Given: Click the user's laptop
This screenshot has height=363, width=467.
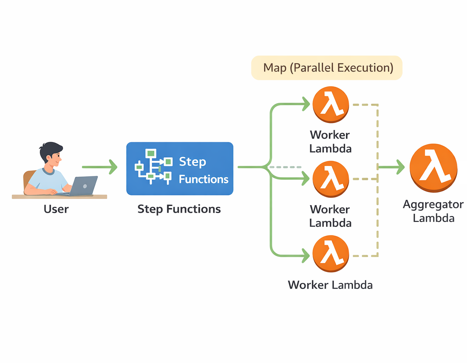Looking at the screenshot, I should [84, 185].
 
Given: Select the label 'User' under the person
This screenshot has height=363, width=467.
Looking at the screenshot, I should [56, 209].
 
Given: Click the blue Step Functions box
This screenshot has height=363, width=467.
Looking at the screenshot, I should [180, 169].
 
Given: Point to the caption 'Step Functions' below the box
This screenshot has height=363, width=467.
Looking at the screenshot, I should [179, 209].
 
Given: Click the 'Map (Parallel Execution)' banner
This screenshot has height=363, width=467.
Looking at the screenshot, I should [327, 68].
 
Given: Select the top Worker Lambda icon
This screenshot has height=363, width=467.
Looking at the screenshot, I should [331, 105].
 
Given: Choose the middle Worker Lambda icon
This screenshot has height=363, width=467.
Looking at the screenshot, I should [331, 179].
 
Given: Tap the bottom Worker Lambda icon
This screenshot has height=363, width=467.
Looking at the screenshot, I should [331, 254].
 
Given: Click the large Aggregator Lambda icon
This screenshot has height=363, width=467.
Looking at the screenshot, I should [433, 168].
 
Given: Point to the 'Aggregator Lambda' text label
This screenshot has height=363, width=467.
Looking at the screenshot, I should [433, 211].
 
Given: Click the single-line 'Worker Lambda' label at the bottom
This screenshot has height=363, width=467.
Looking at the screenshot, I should [330, 285].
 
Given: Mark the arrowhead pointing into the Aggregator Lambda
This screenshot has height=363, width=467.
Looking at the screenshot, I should [400, 167].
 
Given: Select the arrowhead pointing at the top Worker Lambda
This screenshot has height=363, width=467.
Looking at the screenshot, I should [306, 104].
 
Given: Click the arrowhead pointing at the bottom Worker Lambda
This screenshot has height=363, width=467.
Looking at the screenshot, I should [306, 256].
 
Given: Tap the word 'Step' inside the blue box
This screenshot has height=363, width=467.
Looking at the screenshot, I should [192, 162].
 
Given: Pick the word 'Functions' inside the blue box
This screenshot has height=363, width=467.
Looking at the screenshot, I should [204, 179].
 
